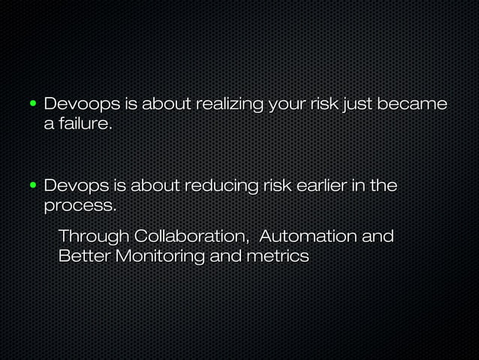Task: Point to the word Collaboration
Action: click(191, 237)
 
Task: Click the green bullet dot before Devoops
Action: click(34, 103)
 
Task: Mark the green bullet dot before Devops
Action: click(34, 185)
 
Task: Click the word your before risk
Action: click(286, 103)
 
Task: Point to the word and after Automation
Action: click(378, 237)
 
